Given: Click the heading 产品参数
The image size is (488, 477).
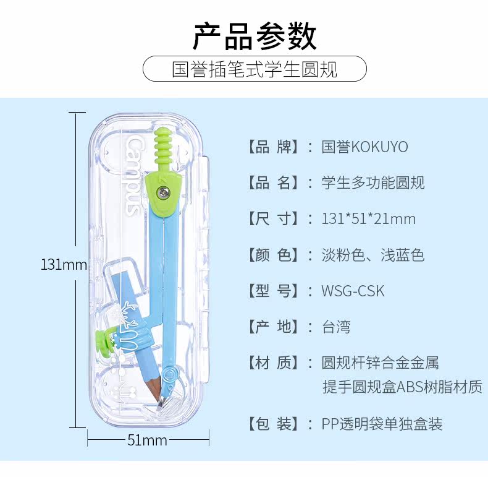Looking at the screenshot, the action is tap(255, 36).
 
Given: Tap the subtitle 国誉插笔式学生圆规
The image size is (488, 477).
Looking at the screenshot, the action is tap(255, 69).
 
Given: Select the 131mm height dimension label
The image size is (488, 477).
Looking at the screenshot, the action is tap(64, 265).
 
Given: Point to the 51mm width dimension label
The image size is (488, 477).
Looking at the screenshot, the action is tap(147, 440).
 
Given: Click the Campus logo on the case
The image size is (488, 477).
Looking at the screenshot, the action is tap(133, 177).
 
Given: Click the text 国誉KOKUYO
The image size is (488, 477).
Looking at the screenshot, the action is tap(364, 147).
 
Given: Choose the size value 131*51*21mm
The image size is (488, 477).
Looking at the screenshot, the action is tap(369, 218).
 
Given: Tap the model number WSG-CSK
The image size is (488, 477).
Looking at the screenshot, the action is tap(353, 291).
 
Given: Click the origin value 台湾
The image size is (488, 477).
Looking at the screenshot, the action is tap(336, 327).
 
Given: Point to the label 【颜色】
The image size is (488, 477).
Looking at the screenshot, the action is tap(272, 255).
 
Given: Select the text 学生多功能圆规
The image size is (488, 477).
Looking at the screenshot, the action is tap(373, 183).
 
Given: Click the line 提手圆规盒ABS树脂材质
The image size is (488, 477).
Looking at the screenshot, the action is tap(402, 387).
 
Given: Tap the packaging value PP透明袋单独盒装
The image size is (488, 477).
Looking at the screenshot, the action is tap(382, 424).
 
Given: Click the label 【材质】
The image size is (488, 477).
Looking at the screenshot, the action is tap(272, 363).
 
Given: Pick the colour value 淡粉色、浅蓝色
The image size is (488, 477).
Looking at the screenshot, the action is tap(373, 255).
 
